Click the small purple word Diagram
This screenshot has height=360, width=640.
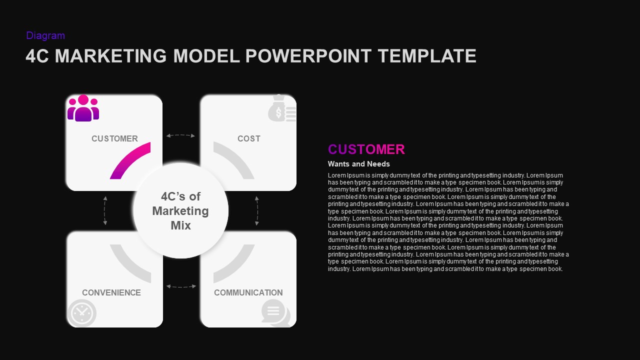(45, 35)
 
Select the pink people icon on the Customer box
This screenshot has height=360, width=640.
(83, 108)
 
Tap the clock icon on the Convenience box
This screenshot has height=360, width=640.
(81, 313)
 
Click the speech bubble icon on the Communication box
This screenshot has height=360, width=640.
(275, 313)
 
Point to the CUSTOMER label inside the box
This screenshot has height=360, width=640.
(114, 138)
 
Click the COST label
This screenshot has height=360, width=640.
(249, 138)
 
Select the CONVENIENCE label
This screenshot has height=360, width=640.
(111, 292)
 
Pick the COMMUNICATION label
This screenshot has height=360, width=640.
(248, 292)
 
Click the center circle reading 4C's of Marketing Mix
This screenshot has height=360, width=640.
(180, 210)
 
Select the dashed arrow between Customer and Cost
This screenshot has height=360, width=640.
(180, 135)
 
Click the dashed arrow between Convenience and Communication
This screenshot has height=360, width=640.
(180, 286)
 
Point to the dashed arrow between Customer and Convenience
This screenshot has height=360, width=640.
(105, 210)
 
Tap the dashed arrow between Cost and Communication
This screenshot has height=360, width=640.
(257, 210)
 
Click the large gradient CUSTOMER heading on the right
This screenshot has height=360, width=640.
(366, 149)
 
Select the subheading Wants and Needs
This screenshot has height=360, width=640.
(358, 164)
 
